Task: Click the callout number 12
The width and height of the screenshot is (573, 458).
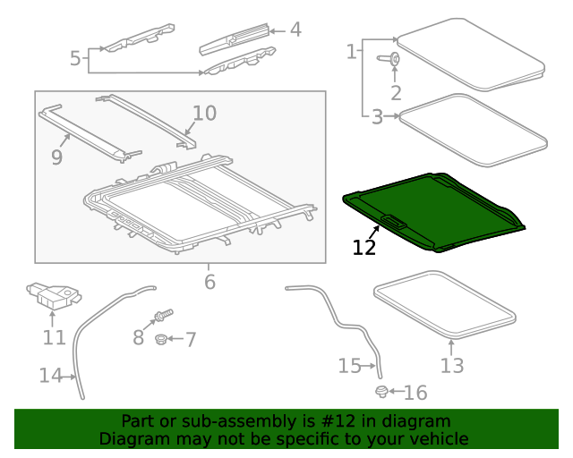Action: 364,247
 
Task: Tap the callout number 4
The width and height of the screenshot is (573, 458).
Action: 295,30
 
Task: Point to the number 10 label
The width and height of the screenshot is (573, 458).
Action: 204,114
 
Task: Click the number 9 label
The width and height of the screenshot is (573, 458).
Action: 56,157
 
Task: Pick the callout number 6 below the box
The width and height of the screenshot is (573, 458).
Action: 210,282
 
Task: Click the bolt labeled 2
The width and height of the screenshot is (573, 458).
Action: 394,60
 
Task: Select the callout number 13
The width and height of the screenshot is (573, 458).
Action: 452,365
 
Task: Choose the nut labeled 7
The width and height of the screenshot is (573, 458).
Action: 160,339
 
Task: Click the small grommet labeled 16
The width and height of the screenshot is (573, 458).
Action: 382,392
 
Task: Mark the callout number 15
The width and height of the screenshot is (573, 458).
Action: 349,365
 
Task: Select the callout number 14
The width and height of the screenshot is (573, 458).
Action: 50,376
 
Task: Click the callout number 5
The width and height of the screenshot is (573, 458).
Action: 75,59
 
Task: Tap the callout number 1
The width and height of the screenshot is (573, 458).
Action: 350,52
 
